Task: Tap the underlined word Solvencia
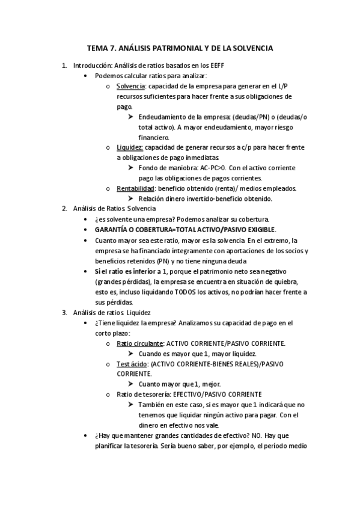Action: pyautogui.click(x=130, y=86)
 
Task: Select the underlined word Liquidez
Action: pyautogui.click(x=130, y=147)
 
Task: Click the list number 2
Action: pyautogui.click(x=64, y=209)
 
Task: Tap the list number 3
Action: pyautogui.click(x=64, y=312)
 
